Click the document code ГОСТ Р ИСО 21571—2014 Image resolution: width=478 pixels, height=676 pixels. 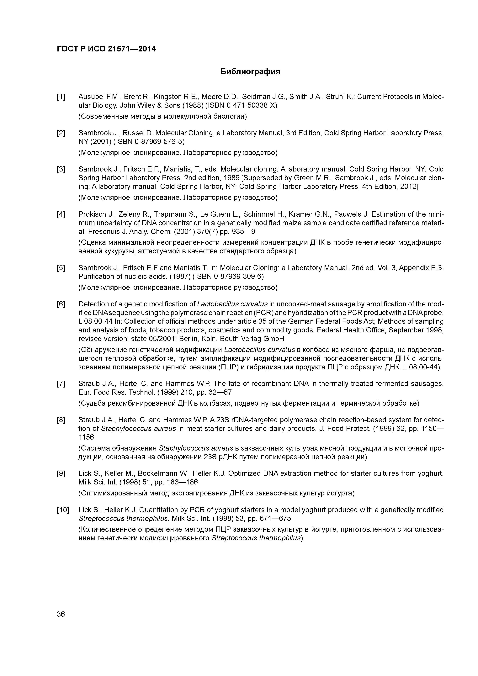pos(106,49)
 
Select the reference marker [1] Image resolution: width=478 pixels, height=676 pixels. pos(61,97)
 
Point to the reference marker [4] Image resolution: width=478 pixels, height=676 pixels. pos(61,214)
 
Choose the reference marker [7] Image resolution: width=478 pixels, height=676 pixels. pos(61,384)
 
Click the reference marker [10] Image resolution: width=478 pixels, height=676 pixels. pos(62,510)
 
